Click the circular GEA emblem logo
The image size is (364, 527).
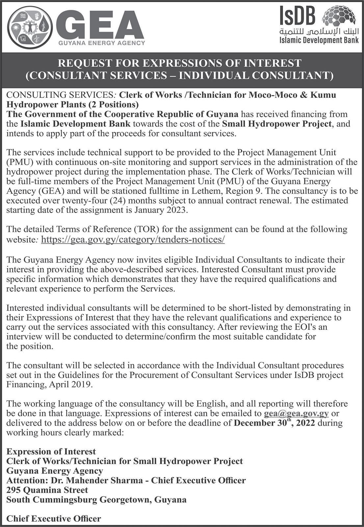tap(30, 28)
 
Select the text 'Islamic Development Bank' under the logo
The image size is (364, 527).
tap(319, 41)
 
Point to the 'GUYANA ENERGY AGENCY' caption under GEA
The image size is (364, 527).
tap(102, 43)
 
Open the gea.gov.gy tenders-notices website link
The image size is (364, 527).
tap(133, 239)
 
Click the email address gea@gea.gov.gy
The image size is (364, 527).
tap(296, 413)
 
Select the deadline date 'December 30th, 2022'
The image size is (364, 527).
tap(274, 423)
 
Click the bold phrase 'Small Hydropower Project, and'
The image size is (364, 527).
tap(286, 124)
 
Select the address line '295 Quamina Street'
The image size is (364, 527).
tap(47, 490)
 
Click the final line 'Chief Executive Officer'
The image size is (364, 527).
tap(54, 518)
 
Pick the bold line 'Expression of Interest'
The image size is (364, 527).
tap(51, 451)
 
